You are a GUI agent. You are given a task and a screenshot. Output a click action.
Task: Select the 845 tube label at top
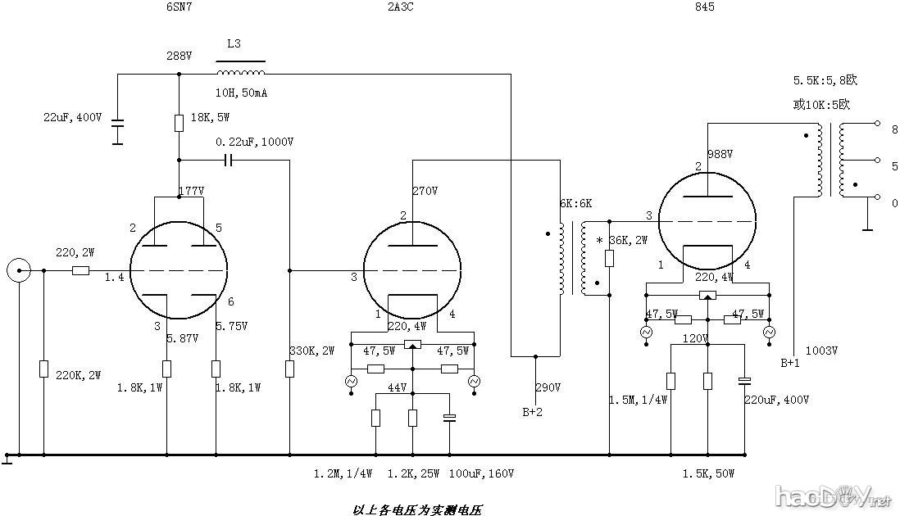[x=703, y=7]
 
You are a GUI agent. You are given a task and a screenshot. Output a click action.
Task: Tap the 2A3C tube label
[x=400, y=7]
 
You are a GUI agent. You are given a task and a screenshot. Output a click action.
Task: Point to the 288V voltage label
[x=178, y=57]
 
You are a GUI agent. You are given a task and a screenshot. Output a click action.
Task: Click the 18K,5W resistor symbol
[x=179, y=124]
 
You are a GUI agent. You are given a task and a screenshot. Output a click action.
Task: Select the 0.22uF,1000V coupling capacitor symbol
[x=229, y=161]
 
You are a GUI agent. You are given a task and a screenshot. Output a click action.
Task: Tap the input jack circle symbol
[x=18, y=270]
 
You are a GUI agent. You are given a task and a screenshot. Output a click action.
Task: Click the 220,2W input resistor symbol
[x=80, y=270]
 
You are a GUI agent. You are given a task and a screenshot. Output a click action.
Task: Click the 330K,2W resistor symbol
[x=289, y=369]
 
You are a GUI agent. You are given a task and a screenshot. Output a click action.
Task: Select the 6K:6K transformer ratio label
[x=576, y=203]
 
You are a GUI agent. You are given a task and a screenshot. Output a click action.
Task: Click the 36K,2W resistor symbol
[x=609, y=259]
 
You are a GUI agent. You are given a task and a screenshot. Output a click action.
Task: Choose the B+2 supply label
[x=532, y=412]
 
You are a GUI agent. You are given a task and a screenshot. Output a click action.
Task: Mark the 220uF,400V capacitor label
[x=776, y=400]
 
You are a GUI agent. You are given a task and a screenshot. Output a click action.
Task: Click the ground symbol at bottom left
[x=7, y=459]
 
